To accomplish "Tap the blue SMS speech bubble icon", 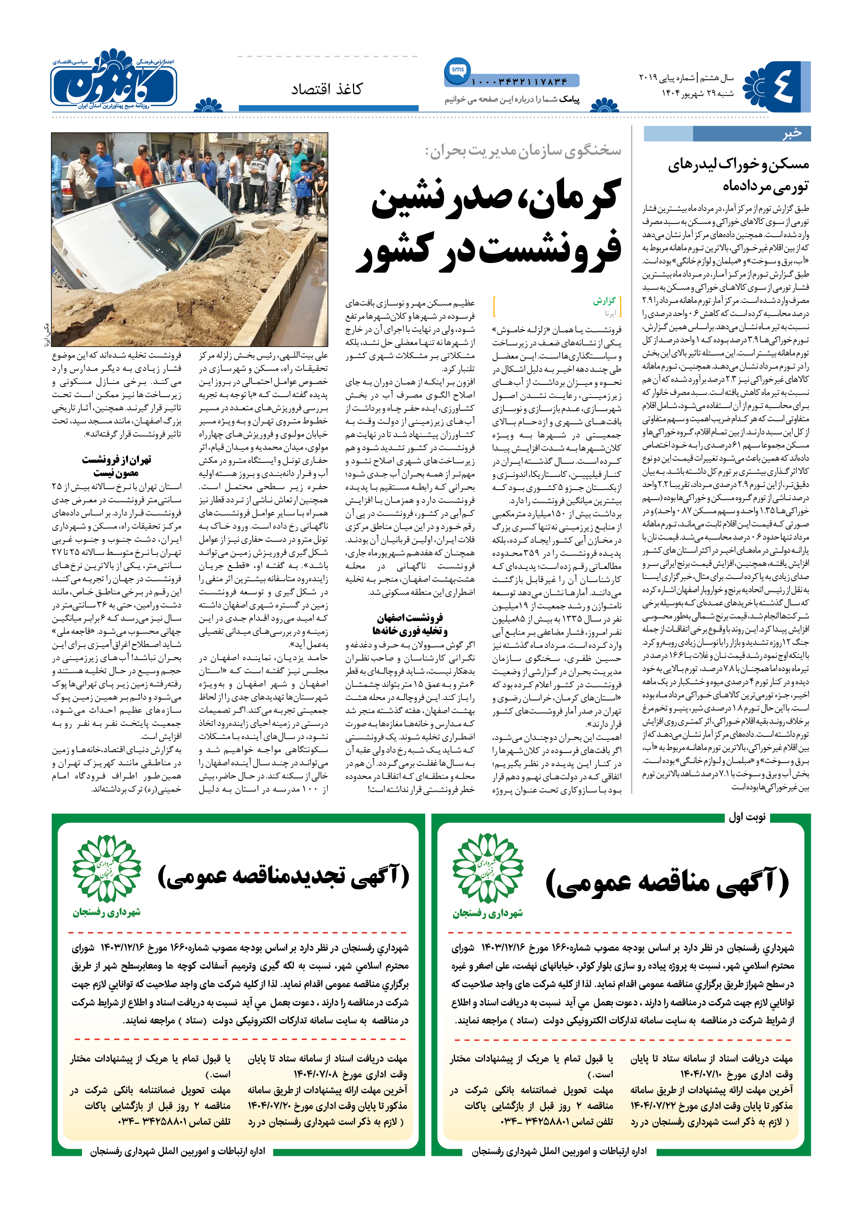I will (x=457, y=70).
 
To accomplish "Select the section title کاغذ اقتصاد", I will (x=326, y=89).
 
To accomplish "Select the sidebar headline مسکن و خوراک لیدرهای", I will (x=738, y=165).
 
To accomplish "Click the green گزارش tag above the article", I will (x=604, y=301).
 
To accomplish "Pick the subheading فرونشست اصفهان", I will (x=410, y=618).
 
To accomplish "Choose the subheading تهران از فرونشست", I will (x=117, y=460).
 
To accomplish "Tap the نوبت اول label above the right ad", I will (x=746, y=817).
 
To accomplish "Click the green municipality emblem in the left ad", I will (x=107, y=868).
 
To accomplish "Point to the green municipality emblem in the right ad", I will (x=487, y=868).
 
